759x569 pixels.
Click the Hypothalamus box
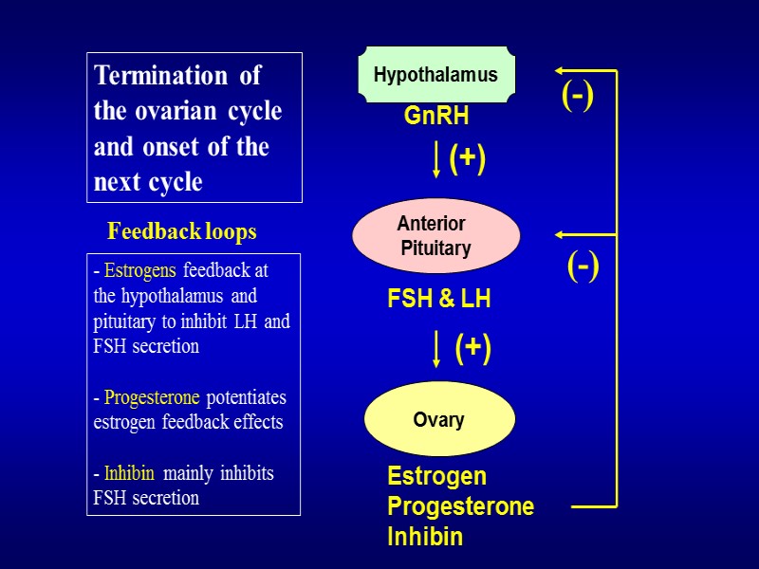click(435, 75)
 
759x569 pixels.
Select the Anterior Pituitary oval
click(435, 236)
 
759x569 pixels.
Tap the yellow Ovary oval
click(439, 419)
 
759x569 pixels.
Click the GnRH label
click(436, 117)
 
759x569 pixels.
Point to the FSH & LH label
click(438, 300)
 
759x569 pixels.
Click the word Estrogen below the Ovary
click(436, 476)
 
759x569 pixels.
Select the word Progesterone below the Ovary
click(460, 506)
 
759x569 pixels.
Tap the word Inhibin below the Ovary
click(425, 537)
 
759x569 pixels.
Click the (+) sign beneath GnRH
click(467, 158)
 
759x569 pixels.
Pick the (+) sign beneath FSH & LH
click(472, 348)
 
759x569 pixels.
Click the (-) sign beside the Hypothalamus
click(577, 96)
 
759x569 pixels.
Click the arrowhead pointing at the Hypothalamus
click(561, 70)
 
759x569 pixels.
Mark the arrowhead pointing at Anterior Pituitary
click(561, 234)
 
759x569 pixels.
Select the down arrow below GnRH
click(435, 160)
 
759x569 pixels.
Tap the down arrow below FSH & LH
click(436, 348)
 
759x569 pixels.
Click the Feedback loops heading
click(182, 231)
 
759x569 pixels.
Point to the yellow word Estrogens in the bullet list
click(140, 271)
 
